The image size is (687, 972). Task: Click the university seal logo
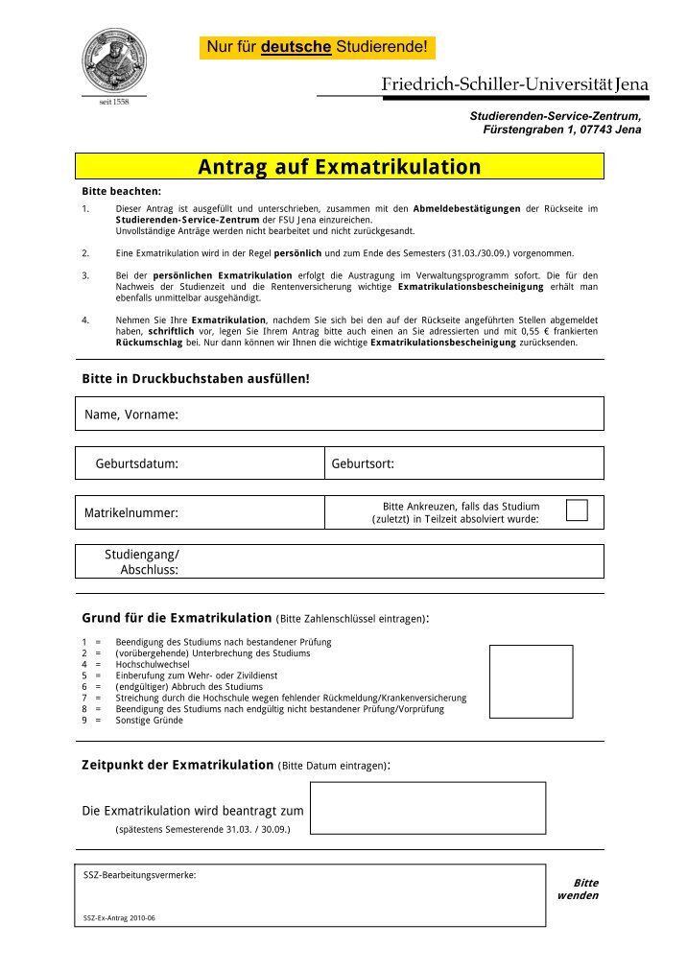[114, 59]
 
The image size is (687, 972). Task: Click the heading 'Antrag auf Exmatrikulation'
[340, 167]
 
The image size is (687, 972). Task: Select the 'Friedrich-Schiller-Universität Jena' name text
[515, 84]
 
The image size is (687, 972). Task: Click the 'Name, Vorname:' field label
[131, 415]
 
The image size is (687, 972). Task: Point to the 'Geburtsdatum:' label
[136, 463]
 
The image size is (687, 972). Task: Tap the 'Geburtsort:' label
[363, 463]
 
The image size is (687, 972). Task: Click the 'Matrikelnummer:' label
[131, 513]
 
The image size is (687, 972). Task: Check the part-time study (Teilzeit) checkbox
[576, 510]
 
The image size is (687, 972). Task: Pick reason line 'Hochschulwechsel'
[152, 664]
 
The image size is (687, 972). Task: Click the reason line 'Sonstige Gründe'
[149, 720]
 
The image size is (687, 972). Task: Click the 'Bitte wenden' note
[579, 889]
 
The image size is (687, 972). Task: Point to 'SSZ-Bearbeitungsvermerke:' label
[140, 875]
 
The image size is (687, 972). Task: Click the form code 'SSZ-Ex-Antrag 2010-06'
[119, 917]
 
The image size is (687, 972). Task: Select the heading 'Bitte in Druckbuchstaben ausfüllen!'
[196, 378]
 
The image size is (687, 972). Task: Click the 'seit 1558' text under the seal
[114, 102]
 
